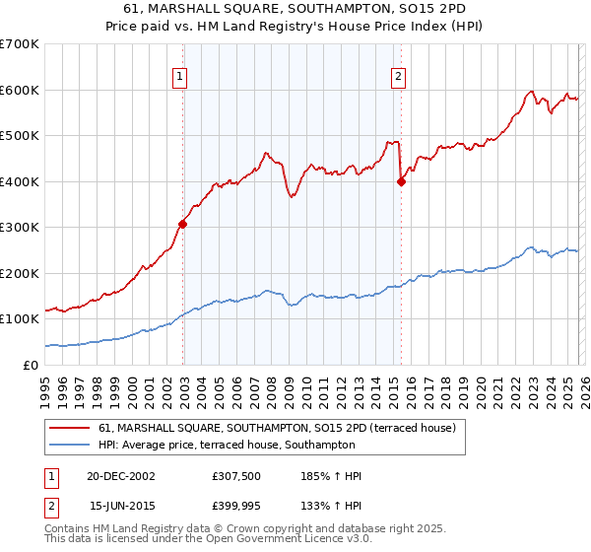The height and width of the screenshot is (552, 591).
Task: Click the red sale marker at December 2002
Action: coord(183,224)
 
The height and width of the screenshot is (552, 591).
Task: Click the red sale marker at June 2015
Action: coord(401,181)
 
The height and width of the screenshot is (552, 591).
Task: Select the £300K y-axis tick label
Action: coord(21,228)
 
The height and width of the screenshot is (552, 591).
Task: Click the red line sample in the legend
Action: coord(69,429)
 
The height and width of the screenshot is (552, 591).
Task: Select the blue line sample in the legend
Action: coord(69,445)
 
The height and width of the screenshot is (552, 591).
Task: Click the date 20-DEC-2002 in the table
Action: coord(121,476)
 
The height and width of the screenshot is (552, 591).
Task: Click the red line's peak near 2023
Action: coord(531,92)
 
